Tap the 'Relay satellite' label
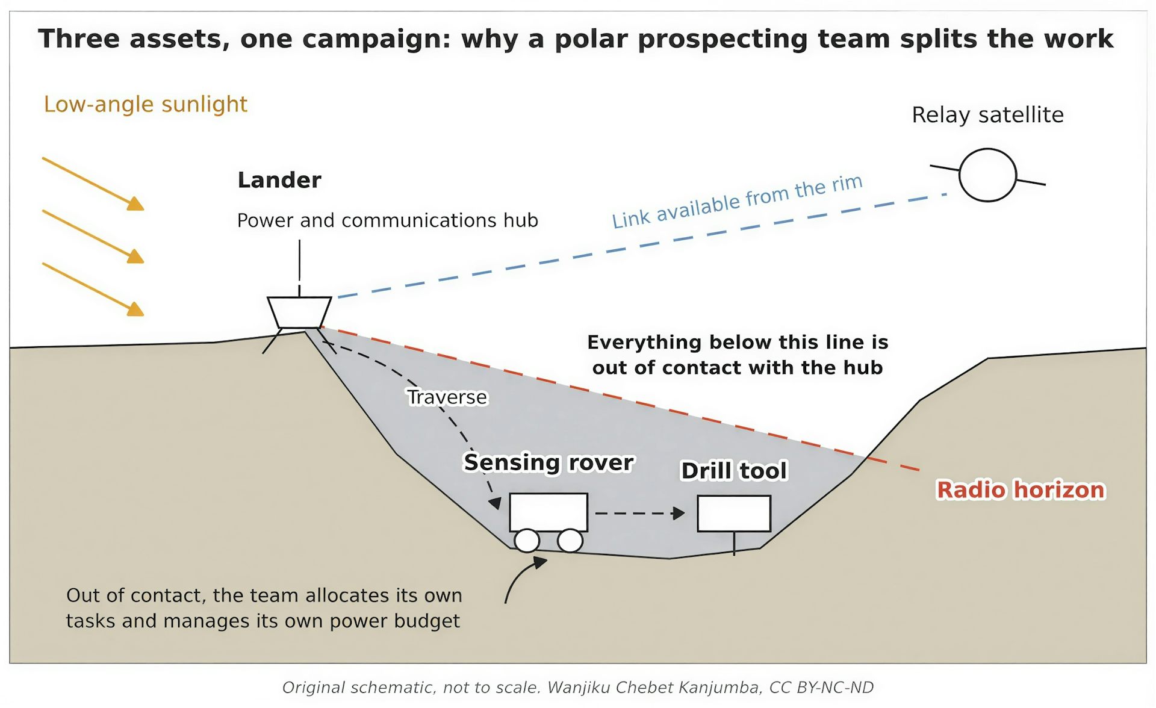[x=987, y=114]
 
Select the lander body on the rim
[x=299, y=312]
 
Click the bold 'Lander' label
[x=279, y=180]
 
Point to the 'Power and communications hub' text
[x=387, y=220]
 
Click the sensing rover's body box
[x=548, y=512]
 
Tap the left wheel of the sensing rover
[x=527, y=541]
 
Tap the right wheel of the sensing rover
[x=570, y=541]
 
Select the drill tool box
[x=734, y=514]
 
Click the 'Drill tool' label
[x=734, y=471]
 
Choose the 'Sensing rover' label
[x=548, y=462]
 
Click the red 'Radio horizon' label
[x=1021, y=490]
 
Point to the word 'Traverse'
[x=447, y=397]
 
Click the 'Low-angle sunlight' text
[x=146, y=104]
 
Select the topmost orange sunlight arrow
[x=93, y=184]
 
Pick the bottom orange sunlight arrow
[x=93, y=290]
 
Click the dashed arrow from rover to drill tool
[x=640, y=514]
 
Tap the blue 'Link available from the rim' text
[x=738, y=201]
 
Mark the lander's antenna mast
[x=299, y=268]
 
